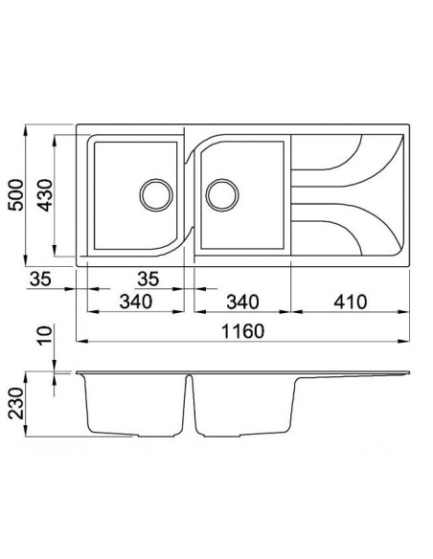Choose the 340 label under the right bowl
239,302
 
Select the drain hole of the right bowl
221,193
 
